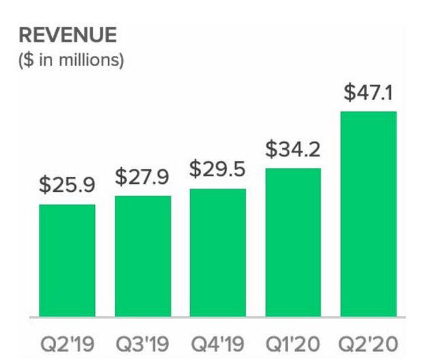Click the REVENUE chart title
(68, 36)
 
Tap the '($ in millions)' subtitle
(71, 60)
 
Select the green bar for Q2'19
(67, 260)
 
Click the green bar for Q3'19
(142, 256)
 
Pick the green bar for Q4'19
(217, 253)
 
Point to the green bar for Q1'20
(293, 243)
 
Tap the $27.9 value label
(142, 176)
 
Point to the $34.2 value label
(293, 148)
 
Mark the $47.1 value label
(368, 92)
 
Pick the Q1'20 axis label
(293, 341)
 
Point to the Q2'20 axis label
(368, 341)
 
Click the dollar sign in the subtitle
(27, 60)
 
